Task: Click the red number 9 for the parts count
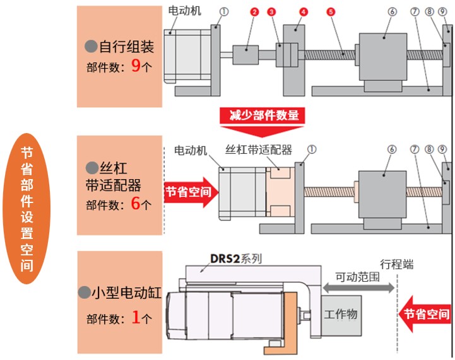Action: click(x=135, y=67)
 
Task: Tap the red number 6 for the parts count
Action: click(x=136, y=204)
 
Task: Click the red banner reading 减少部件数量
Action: click(x=262, y=115)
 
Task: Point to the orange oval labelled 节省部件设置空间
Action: click(x=26, y=208)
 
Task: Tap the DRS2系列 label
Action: click(x=236, y=258)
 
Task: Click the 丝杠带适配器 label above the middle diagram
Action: click(x=259, y=150)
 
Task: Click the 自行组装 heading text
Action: click(x=127, y=46)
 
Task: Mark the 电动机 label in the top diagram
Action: click(x=185, y=10)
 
